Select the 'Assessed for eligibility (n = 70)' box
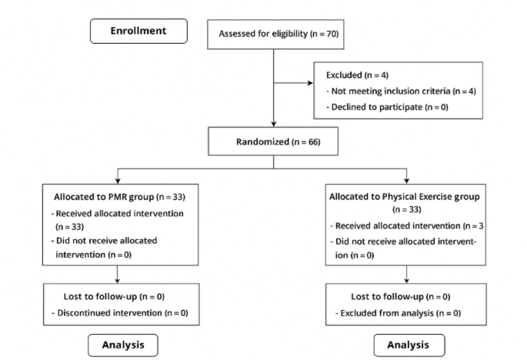[274, 34]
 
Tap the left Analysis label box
[124, 345]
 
